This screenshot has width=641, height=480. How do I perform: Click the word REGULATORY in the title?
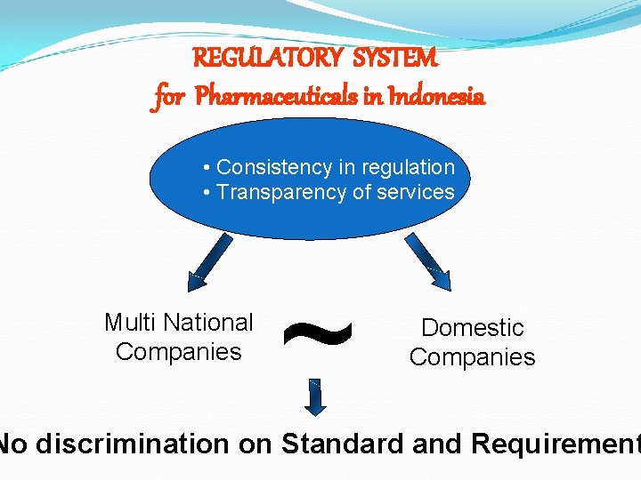coord(267,60)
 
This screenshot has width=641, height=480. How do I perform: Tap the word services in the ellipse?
coord(415,192)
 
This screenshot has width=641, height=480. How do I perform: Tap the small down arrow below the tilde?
coord(316,396)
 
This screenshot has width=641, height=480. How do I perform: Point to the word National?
coord(208,322)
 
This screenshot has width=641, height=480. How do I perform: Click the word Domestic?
coord(473,327)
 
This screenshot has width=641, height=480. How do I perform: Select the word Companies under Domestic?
coord(473,357)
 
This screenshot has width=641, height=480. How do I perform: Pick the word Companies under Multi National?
coord(179,352)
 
